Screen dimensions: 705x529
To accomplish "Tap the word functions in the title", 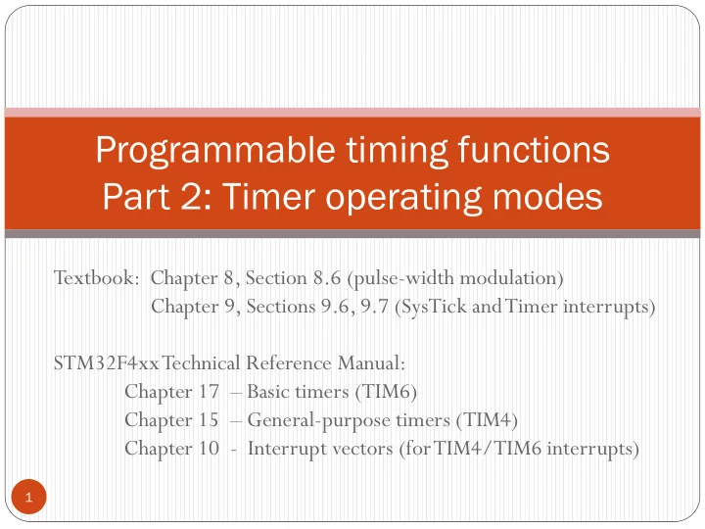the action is pos(534,149).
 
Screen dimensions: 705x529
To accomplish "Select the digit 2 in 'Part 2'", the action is pos(192,197).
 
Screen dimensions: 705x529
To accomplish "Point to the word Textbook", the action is pos(94,277).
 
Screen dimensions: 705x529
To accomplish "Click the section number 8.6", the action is pos(327,278).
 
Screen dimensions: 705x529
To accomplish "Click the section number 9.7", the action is pos(374,307).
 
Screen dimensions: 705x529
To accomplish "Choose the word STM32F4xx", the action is pos(106,362).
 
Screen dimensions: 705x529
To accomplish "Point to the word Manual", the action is pos(369,362).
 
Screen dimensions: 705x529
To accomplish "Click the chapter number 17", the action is pos(210,391).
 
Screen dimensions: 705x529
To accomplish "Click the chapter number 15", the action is pos(209,419).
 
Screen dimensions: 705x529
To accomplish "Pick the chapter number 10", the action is pos(210,448).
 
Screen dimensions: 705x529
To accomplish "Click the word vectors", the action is pos(363,449).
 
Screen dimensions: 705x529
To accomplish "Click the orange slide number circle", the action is pos(28,497).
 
